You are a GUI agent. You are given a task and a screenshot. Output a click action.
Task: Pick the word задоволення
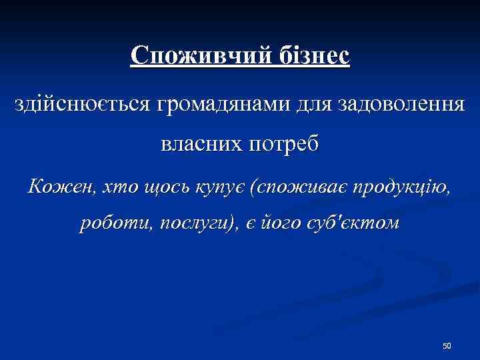pos(402,105)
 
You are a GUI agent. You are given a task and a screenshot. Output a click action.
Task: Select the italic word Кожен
pos(55,187)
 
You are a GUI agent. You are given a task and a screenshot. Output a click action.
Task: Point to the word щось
pos(155,187)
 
